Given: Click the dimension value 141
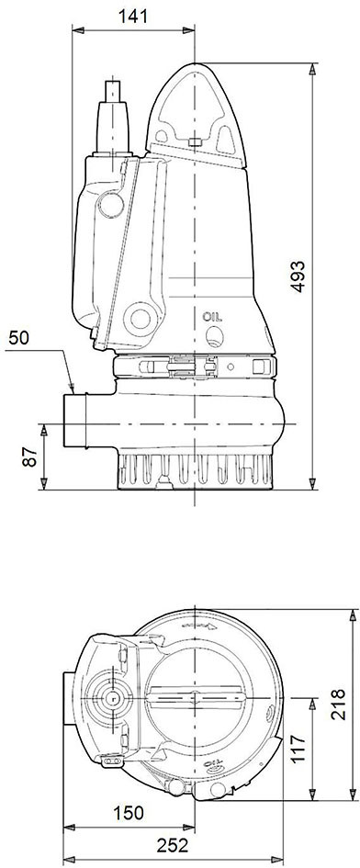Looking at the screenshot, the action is tap(133, 16).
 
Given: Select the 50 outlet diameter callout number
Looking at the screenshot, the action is tap(18, 338).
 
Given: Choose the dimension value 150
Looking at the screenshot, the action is tap(128, 813).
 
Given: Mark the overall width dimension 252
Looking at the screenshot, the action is tap(173, 845).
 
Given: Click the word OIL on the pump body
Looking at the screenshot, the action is tap(212, 317).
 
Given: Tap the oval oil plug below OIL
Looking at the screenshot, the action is tap(214, 335).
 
